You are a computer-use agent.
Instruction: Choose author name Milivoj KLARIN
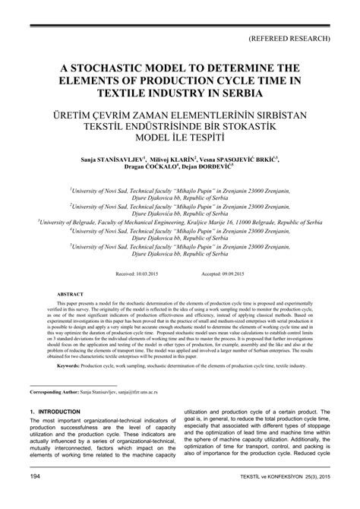click(x=175, y=161)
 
